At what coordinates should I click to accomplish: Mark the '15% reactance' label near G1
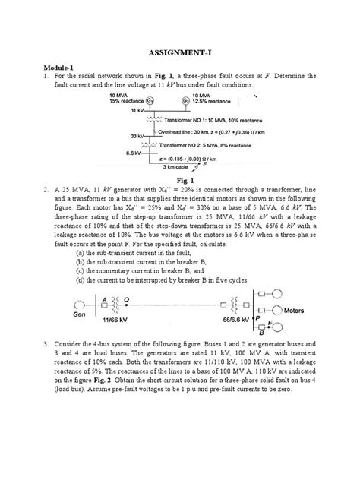pyautogui.click(x=127, y=100)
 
